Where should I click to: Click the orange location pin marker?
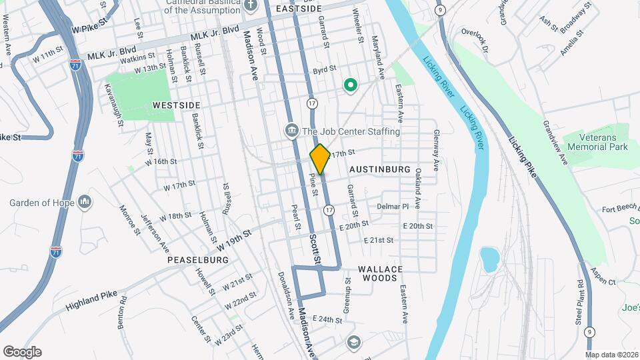(320, 159)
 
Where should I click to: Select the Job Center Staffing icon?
(291, 131)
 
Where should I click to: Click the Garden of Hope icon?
(85, 201)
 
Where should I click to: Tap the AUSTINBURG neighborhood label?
(379, 169)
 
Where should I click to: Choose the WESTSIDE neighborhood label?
(176, 105)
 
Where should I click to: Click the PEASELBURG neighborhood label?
(198, 259)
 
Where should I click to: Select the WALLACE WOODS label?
(381, 273)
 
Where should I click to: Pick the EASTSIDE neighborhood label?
(299, 8)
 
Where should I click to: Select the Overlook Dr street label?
(475, 40)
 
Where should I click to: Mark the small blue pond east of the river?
(489, 259)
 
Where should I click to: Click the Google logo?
(22, 351)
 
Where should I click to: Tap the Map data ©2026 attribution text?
(611, 355)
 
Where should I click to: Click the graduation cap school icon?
(353, 342)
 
